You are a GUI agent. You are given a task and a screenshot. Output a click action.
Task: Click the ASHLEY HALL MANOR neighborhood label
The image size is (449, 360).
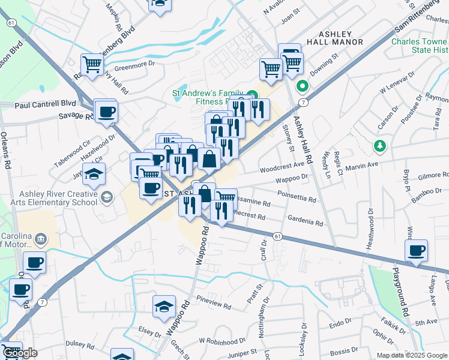(334, 38)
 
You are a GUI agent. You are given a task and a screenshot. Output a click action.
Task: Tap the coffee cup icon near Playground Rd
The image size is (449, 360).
(415, 250)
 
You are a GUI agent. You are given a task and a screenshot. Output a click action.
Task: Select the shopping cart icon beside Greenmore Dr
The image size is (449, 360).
(92, 64)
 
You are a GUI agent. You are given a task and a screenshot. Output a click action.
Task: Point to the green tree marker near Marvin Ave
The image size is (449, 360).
(379, 146)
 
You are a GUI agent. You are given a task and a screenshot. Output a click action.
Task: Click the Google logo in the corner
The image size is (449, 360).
(19, 353)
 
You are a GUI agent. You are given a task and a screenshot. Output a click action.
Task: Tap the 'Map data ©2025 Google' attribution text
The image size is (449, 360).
(412, 355)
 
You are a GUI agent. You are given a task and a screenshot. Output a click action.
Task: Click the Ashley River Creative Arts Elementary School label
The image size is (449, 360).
(58, 198)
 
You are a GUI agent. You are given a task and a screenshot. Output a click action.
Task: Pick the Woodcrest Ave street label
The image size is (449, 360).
(282, 165)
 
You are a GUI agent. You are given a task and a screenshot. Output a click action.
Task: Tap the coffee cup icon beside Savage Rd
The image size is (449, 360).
(106, 111)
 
